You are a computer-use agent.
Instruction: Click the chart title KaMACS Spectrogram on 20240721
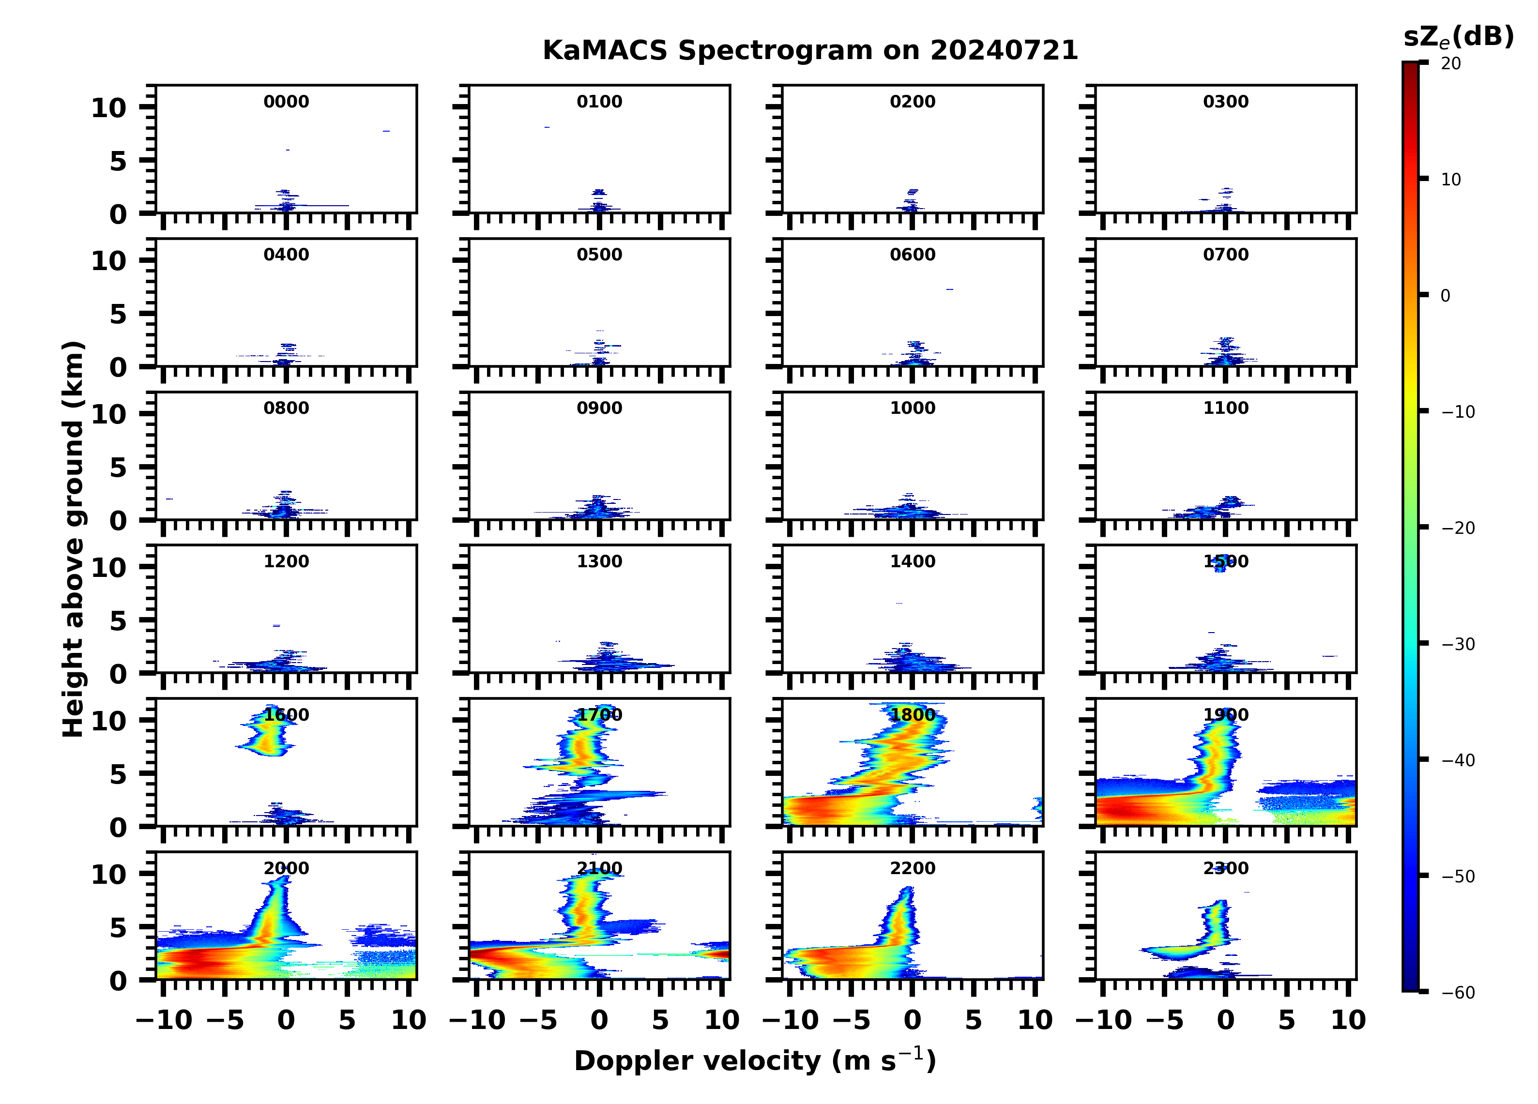point(810,51)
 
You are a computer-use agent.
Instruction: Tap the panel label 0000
point(286,102)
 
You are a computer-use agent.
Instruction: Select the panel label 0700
point(1225,255)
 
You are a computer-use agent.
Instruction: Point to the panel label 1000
point(912,408)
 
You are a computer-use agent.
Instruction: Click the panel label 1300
point(599,561)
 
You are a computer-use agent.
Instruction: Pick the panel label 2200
point(912,869)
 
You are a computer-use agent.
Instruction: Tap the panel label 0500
point(599,255)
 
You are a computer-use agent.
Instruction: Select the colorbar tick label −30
point(1457,644)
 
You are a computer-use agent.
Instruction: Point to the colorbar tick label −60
point(1457,993)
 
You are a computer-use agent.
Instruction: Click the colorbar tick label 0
point(1445,296)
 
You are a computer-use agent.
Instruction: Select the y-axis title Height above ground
point(73,539)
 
